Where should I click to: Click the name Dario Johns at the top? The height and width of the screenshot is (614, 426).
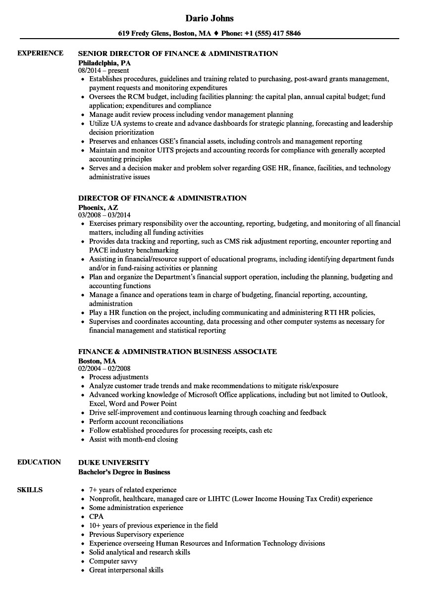(209, 18)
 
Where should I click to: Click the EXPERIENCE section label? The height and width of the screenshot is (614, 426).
(40, 53)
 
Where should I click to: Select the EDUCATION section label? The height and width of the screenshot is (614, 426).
(39, 462)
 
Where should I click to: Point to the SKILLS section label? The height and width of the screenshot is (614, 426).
(30, 490)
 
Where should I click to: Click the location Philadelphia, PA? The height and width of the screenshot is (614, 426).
(105, 63)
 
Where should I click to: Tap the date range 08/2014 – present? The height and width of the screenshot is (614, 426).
(104, 71)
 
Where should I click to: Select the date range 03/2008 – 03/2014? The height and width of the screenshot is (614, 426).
(105, 215)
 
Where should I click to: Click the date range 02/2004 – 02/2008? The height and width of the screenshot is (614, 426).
(105, 369)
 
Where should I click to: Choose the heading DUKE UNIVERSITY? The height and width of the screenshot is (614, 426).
(113, 462)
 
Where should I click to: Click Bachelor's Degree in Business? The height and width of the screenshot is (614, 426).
(124, 472)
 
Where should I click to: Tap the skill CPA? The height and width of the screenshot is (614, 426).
(96, 516)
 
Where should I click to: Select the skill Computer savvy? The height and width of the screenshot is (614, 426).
(113, 561)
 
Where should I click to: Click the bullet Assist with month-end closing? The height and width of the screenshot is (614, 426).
(133, 439)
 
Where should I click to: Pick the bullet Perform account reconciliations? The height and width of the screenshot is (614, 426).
(136, 421)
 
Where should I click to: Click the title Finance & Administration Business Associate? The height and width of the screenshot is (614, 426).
(177, 352)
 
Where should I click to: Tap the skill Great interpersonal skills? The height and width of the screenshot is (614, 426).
(126, 570)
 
